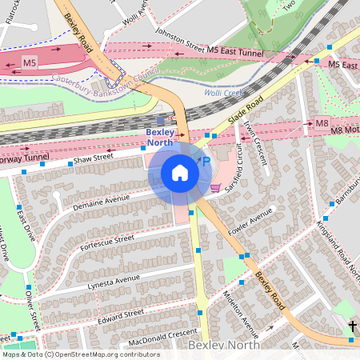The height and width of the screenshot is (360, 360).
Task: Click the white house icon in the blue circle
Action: point(180,173)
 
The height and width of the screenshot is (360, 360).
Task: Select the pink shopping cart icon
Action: point(215,188)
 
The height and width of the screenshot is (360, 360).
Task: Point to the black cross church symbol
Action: point(354,326)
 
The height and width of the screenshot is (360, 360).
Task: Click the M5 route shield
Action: point(30,62)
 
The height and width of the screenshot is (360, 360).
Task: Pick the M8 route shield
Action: point(322,123)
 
